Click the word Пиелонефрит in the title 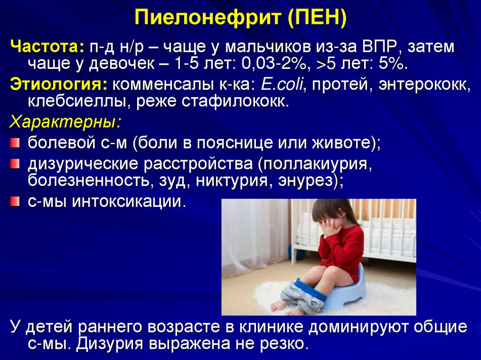[205, 20]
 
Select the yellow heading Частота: [47, 47]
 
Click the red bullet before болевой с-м [16, 142]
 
